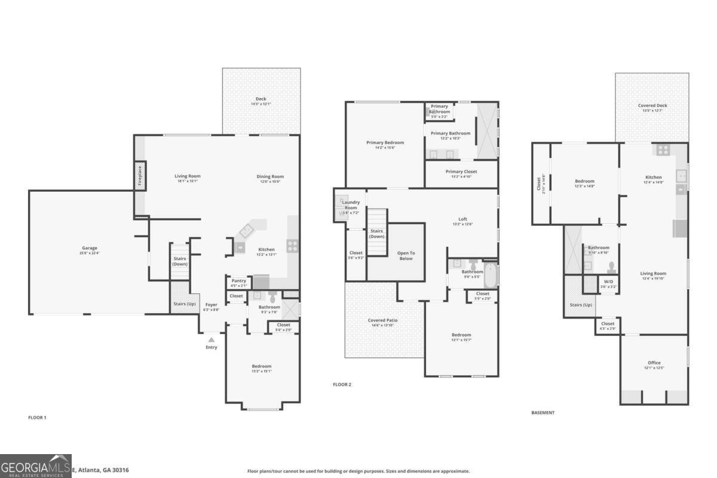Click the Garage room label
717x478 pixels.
pos(90,248)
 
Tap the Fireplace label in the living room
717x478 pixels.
pos(139,176)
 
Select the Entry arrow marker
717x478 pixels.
pos(211,339)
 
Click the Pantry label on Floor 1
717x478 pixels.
pos(238,281)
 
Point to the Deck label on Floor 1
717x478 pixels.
pos(261,99)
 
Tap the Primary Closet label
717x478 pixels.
pos(461,171)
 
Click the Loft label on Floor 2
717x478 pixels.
pos(462,219)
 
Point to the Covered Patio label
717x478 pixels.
pos(382,320)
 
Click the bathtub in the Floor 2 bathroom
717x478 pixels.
pos(490,275)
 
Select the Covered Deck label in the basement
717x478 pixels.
pos(652,106)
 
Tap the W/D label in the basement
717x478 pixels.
pos(608,282)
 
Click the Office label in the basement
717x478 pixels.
pos(654,363)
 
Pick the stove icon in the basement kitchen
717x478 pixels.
pos(663,150)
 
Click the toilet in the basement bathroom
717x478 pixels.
pos(611,266)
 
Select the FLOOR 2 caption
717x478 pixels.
pos(342,384)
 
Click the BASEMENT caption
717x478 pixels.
pos(543,412)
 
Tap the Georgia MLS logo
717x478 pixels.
pos(36,466)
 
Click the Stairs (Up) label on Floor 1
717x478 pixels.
pos(184,304)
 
